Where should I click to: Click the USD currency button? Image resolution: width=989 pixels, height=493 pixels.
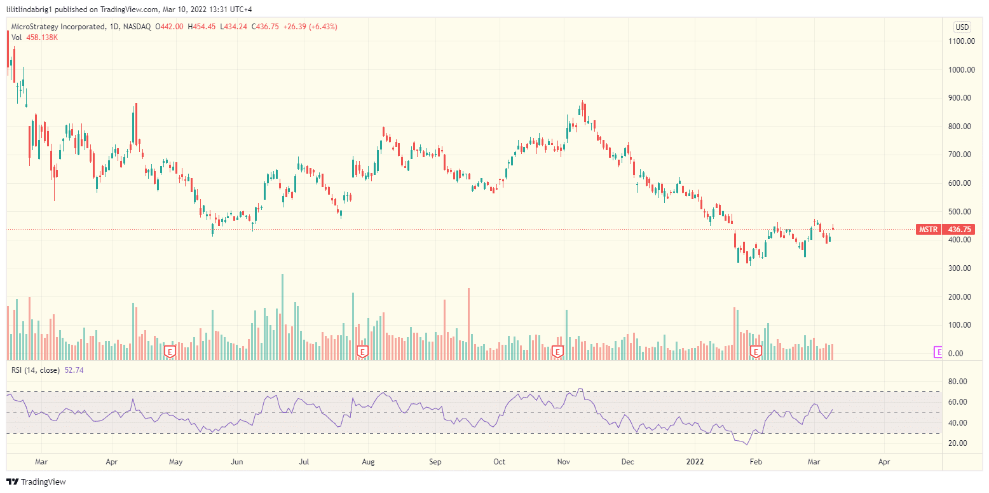click(962, 27)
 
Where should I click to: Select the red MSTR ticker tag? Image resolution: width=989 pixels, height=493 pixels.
click(928, 230)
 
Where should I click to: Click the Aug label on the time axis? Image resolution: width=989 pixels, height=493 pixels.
click(367, 461)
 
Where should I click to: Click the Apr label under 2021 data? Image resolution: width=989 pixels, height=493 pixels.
click(112, 461)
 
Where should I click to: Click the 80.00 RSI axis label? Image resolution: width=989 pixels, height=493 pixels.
click(958, 382)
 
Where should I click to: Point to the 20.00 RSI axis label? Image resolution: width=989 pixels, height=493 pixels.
click(958, 443)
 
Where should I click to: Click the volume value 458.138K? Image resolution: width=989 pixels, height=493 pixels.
click(43, 38)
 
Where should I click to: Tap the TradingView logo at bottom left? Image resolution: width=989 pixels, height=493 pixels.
click(36, 482)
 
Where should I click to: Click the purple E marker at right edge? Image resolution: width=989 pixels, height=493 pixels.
click(938, 352)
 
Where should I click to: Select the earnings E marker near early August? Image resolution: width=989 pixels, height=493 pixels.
click(362, 351)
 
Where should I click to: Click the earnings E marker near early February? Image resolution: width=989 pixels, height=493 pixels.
click(756, 351)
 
